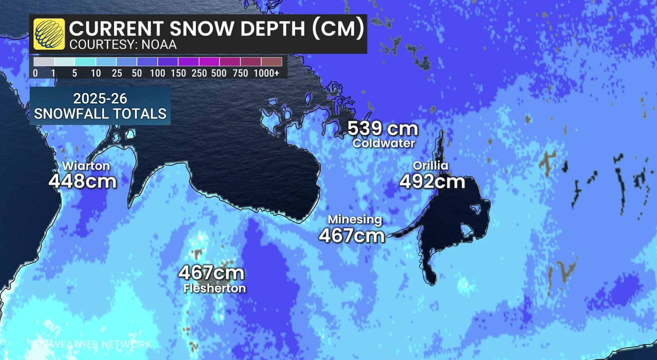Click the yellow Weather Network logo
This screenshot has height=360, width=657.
point(49,34)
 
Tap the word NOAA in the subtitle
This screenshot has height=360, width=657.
point(159,45)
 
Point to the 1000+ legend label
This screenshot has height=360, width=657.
point(266,73)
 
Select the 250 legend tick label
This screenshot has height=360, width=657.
point(199,73)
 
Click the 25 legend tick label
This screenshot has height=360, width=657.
point(116,73)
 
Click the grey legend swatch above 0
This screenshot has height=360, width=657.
point(44,62)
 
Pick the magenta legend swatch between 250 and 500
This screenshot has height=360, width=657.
point(209,62)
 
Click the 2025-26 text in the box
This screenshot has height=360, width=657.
point(100,98)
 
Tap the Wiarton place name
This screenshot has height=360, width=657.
point(86,166)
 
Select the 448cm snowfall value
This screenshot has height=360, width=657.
point(83,181)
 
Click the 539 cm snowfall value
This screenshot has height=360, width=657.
point(382,128)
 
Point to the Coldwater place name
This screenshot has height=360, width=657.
point(384,143)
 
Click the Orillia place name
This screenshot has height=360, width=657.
point(430,166)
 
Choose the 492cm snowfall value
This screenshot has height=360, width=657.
point(432,182)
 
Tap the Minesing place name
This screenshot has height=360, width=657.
point(355,219)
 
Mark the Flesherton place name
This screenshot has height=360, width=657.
point(214,289)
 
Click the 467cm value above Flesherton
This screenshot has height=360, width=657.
point(211,273)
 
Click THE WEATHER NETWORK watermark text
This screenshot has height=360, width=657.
point(91,344)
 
